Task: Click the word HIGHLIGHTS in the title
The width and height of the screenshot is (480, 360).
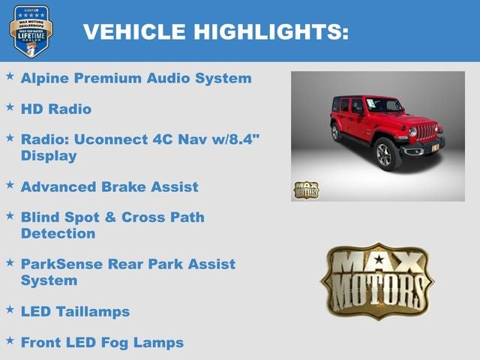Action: pos(271,31)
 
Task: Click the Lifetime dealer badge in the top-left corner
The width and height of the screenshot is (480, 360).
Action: pos(31,31)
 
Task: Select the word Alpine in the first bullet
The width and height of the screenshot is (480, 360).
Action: pos(46,78)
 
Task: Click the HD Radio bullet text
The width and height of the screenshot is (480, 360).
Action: pos(56,109)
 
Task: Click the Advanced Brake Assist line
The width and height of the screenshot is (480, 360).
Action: pos(109,187)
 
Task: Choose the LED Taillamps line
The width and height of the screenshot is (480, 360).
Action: pos(75,311)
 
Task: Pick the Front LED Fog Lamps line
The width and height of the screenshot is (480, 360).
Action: pos(102,343)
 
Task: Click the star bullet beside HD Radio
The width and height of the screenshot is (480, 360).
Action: pos(10,107)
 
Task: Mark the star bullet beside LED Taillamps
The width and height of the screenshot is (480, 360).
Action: pos(10,309)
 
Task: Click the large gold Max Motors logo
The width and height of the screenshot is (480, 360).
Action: pos(377,280)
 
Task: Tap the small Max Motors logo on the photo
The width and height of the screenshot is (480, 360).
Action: pos(305,190)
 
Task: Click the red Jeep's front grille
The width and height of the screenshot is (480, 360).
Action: pos(426,132)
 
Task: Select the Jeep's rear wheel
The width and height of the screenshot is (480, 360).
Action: pos(336,133)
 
